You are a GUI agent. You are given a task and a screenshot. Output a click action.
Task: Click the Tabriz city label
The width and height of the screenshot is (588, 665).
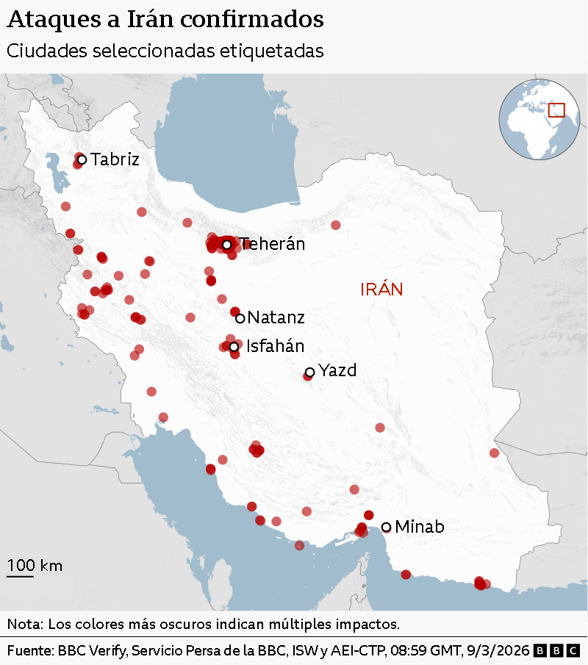(x=115, y=159)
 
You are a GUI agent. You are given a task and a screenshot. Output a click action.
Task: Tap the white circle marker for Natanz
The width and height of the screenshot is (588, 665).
(x=240, y=318)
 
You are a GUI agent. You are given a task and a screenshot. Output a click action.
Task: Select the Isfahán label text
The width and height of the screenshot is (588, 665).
(x=275, y=346)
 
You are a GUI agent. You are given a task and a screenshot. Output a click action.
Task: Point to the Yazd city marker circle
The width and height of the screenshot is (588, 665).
(x=309, y=373)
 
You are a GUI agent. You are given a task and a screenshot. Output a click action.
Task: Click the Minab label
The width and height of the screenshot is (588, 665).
(x=419, y=527)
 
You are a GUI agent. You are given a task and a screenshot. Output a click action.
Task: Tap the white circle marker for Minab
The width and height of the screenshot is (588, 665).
(x=386, y=527)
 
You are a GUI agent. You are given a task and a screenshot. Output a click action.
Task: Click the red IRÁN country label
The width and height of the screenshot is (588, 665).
(x=381, y=290)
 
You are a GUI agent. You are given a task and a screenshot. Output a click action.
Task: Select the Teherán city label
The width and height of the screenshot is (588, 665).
(x=272, y=245)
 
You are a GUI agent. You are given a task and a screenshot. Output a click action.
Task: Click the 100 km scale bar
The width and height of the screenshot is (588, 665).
(x=21, y=575)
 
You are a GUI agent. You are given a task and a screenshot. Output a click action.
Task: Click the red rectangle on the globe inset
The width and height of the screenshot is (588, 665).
(x=556, y=109)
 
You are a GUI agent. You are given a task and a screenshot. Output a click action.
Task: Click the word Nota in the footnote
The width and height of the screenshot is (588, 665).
(x=24, y=625)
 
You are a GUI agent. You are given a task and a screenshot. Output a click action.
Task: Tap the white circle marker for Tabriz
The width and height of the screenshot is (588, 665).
(x=82, y=159)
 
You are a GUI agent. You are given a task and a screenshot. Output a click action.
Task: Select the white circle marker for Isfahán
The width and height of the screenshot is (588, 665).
(x=234, y=346)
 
